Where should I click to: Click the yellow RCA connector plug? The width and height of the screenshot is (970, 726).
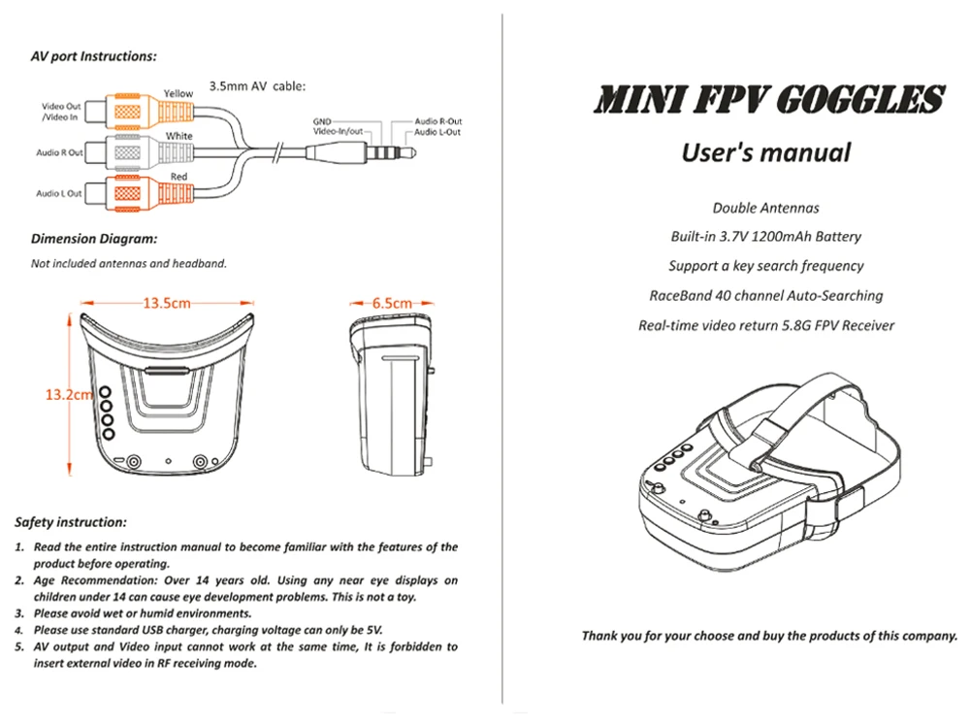139,112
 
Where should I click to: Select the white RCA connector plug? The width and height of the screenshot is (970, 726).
139,151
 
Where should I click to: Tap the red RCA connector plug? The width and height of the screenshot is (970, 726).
139,192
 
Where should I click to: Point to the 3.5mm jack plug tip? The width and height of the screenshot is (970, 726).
410,151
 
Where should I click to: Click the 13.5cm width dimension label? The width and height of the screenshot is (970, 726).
167,303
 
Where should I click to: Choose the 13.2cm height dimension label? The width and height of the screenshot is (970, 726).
69,394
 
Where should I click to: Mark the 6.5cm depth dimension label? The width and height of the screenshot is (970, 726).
392,303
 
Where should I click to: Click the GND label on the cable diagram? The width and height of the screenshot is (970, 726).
322,121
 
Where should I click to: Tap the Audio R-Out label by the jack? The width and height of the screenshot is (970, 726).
438,121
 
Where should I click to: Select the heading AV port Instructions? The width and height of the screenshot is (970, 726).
93,56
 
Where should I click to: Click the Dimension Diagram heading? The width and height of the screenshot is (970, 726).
94,239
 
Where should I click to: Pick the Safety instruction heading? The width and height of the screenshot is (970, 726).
71,522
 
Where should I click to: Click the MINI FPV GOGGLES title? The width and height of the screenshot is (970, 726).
768,99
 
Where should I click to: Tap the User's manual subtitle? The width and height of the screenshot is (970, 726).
766,153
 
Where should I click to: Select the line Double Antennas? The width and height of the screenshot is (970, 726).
766,208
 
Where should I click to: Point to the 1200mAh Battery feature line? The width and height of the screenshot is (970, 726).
766,237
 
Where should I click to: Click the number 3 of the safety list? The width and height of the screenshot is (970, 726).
19,613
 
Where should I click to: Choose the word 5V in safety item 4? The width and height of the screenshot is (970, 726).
374,630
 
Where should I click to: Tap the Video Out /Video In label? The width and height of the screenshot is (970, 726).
60,112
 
